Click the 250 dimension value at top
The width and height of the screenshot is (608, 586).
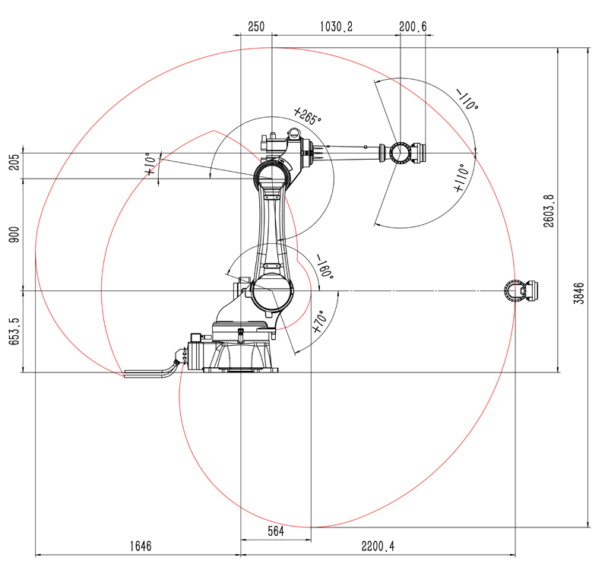[256, 27]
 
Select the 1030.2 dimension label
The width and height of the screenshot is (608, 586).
[336, 27]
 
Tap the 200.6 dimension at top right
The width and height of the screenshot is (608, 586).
[413, 27]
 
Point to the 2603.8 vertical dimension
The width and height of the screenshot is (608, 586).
[549, 211]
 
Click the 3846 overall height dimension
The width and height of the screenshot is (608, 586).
[579, 293]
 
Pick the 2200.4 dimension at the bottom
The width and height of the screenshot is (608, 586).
[378, 546]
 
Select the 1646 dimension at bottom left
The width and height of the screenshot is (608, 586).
[141, 546]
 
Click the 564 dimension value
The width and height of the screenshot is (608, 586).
[276, 531]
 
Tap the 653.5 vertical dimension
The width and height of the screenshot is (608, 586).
[14, 331]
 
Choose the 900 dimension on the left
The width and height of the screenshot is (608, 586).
[14, 235]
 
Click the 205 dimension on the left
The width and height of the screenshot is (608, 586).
[14, 162]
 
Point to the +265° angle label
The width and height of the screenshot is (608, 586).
[307, 116]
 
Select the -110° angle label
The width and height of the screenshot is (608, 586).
[467, 100]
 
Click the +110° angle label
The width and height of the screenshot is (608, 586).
[461, 178]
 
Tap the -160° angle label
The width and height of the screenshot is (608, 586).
[325, 267]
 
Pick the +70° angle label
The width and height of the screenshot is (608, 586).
[320, 322]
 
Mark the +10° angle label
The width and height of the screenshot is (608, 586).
[151, 164]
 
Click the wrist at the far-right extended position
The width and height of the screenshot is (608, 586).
[521, 290]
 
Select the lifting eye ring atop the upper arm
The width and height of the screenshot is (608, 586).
[294, 134]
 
